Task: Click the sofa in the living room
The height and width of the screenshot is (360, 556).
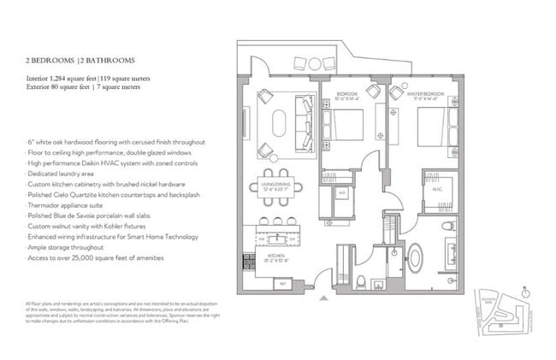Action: (x=305, y=119)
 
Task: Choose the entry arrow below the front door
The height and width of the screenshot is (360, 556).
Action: (x=322, y=299)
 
